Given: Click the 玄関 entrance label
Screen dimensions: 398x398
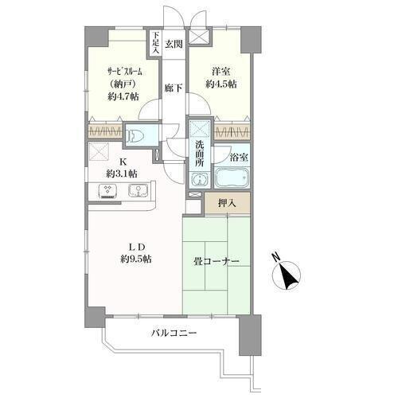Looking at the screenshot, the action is pyautogui.click(x=174, y=44).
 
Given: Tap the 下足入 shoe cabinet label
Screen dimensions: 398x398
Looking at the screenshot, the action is pyautogui.click(x=155, y=43).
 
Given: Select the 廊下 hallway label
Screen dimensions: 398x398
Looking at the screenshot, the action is pyautogui.click(x=174, y=88).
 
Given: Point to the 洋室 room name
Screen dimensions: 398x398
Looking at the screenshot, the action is pyautogui.click(x=220, y=72).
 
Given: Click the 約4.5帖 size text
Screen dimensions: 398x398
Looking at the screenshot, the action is pyautogui.click(x=221, y=84).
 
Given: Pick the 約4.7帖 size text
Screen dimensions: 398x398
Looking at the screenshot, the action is pyautogui.click(x=123, y=96).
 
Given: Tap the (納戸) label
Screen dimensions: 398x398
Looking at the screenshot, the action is pyautogui.click(x=123, y=84).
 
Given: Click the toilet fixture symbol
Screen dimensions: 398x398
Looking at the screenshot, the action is pyautogui.click(x=135, y=135).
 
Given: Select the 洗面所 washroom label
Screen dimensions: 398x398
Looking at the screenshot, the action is pyautogui.click(x=200, y=154).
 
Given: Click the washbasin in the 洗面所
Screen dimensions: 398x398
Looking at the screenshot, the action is pyautogui.click(x=200, y=180).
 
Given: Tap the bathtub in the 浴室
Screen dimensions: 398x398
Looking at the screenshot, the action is pyautogui.click(x=232, y=178).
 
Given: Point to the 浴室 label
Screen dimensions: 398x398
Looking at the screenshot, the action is pyautogui.click(x=239, y=158).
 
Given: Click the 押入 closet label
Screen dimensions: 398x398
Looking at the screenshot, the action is pyautogui.click(x=227, y=203).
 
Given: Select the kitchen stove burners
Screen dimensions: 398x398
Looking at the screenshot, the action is pyautogui.click(x=107, y=191).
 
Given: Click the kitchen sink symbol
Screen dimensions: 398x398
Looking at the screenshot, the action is pyautogui.click(x=138, y=191).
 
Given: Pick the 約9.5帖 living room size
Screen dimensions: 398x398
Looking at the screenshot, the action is pyautogui.click(x=136, y=259).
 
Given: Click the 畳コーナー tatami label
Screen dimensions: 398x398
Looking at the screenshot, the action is pyautogui.click(x=217, y=262).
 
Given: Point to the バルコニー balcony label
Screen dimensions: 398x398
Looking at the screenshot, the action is pyautogui.click(x=174, y=333).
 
